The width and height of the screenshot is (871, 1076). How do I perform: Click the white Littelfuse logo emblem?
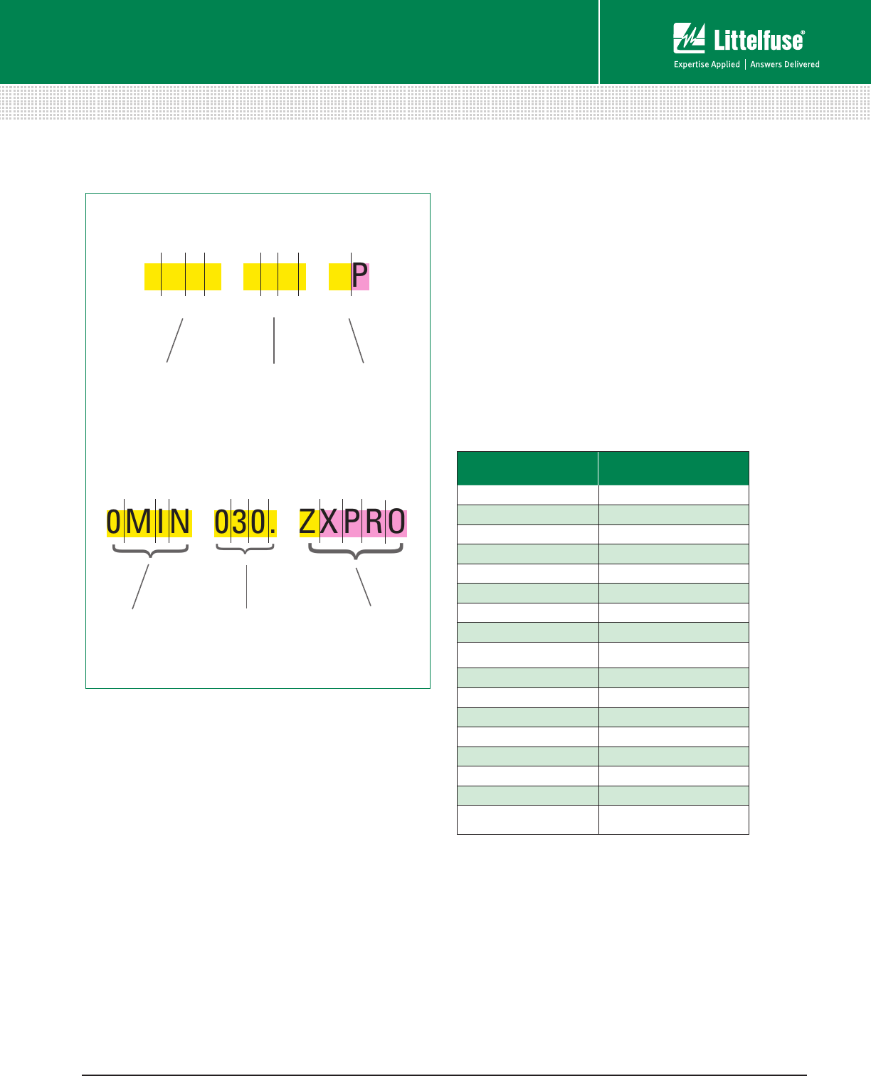(x=689, y=38)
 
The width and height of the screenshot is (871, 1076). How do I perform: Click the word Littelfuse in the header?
(x=759, y=41)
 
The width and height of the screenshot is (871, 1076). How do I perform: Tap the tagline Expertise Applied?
(x=707, y=65)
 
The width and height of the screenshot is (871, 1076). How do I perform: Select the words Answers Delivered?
(x=785, y=65)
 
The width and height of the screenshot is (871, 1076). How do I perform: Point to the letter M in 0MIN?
(x=139, y=522)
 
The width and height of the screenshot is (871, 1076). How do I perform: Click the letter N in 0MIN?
(x=180, y=522)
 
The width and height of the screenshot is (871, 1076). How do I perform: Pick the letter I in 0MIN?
(x=162, y=522)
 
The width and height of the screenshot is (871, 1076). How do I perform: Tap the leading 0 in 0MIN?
(x=115, y=522)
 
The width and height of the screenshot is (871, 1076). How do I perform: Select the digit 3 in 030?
(x=240, y=522)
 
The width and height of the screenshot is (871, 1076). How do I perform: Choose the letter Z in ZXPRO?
(x=308, y=522)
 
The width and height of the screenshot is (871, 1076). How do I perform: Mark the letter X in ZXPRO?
(x=329, y=522)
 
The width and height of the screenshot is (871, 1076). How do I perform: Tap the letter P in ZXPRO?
(x=352, y=522)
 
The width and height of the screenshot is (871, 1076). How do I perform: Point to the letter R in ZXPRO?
(x=374, y=522)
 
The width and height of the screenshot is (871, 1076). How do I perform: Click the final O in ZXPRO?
(x=396, y=522)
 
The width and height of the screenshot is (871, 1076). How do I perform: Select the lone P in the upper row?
(x=360, y=275)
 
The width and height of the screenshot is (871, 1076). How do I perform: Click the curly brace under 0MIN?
(x=150, y=552)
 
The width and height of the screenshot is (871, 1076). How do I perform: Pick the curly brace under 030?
(x=245, y=549)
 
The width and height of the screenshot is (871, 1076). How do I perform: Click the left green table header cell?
(x=527, y=468)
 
